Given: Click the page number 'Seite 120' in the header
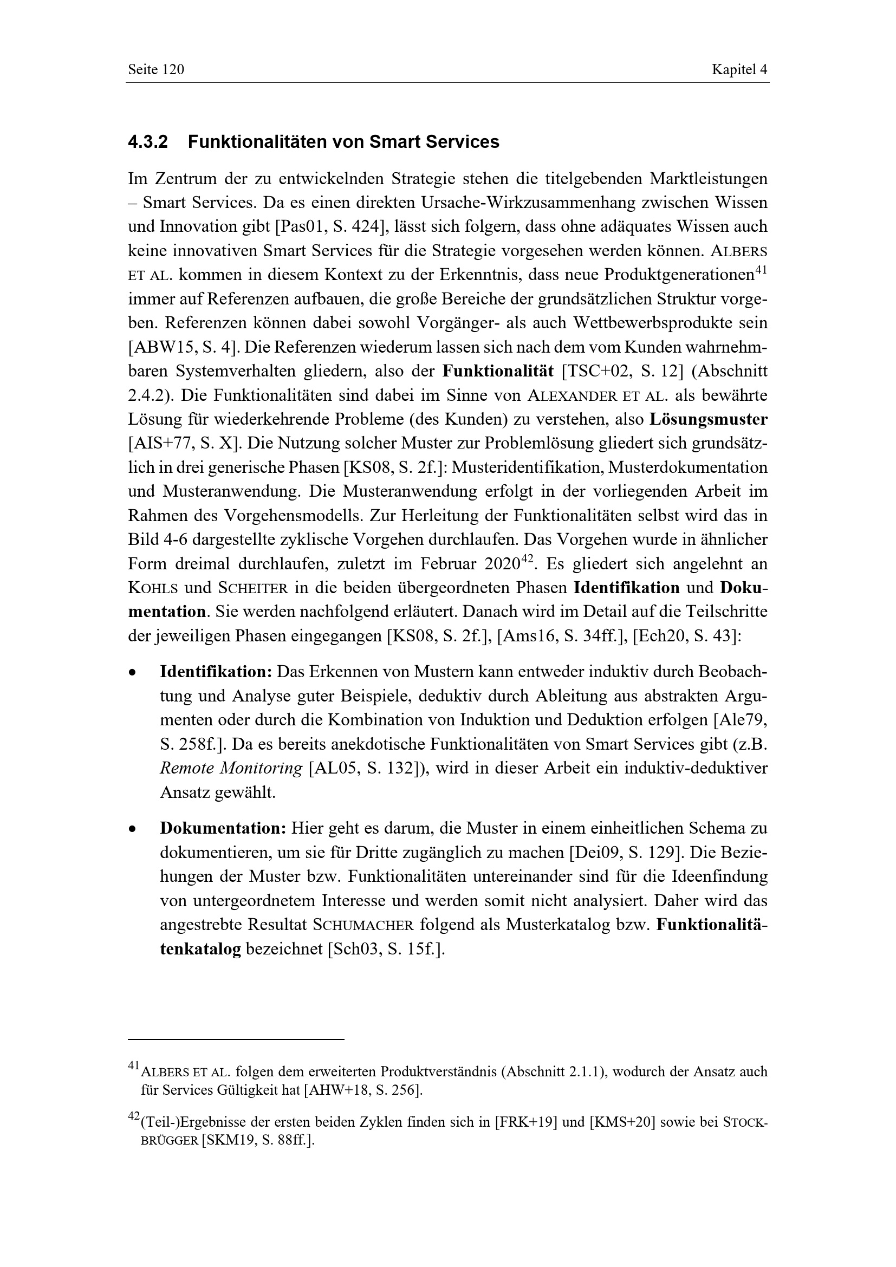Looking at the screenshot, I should point(155,69).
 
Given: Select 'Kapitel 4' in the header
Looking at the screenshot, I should point(739,69).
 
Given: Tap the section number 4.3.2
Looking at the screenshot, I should point(147,142).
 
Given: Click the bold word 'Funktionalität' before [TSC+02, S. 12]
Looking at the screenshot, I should point(497,371).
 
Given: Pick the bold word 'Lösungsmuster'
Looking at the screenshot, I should point(708,419).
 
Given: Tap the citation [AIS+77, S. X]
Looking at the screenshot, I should point(181,444).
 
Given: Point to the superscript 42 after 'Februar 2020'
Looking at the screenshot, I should point(528,560).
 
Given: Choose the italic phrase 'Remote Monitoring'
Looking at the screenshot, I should point(231,769).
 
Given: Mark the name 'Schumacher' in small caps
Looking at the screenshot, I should point(362,925).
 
